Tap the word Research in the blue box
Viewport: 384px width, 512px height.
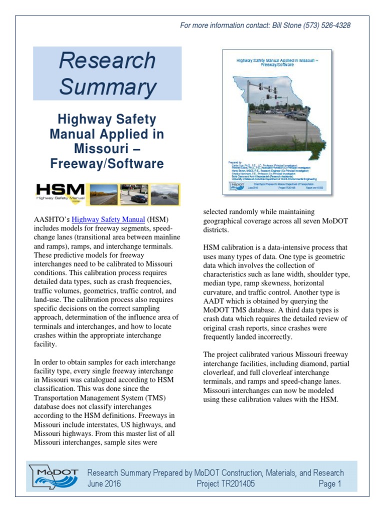click(x=107, y=61)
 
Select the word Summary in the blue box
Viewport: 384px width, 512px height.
click(x=107, y=87)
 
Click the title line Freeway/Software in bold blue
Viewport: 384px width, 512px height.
click(x=106, y=163)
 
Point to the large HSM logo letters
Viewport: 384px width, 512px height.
click(x=61, y=189)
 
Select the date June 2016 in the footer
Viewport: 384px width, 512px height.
click(x=104, y=484)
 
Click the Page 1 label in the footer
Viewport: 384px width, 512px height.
click(x=329, y=484)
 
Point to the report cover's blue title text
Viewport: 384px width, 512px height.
click(x=276, y=62)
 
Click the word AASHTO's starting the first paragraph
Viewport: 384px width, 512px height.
click(x=51, y=219)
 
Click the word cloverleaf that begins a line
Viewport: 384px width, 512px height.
click(x=220, y=373)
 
